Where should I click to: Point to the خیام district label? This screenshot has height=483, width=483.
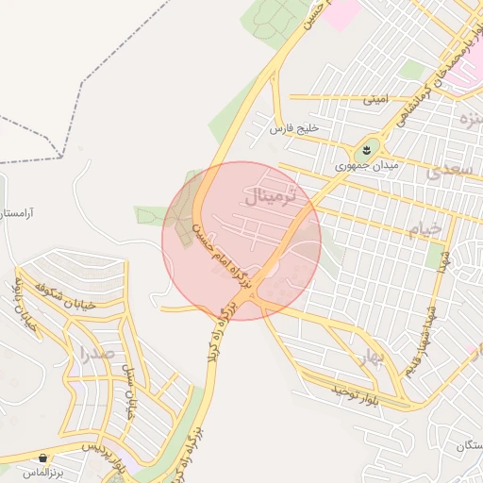425,229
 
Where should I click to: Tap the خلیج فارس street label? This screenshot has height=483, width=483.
296,127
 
